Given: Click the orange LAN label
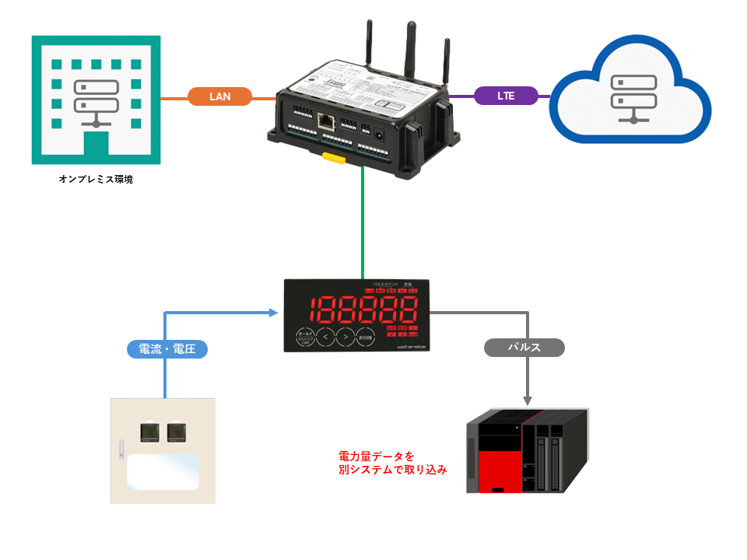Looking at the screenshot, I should tap(220, 96).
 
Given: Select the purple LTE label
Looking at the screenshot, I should tap(506, 96).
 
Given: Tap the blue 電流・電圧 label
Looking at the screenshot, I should tap(167, 349).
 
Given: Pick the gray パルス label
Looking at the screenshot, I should tap(524, 348).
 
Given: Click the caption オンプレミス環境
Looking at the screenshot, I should tap(96, 180).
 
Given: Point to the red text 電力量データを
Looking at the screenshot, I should tap(377, 456).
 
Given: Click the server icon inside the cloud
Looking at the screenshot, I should tap(630, 97).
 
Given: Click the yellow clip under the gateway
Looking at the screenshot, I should tap(335, 159).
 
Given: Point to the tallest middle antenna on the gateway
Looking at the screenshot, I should tap(409, 47).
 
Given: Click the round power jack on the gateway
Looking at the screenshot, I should tap(381, 134).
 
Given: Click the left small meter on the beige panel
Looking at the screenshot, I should tap(149, 432).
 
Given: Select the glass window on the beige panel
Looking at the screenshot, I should tap(162, 472).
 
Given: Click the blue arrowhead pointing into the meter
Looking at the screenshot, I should tap(274, 313).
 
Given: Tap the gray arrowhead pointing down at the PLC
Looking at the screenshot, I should tap(528, 401).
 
